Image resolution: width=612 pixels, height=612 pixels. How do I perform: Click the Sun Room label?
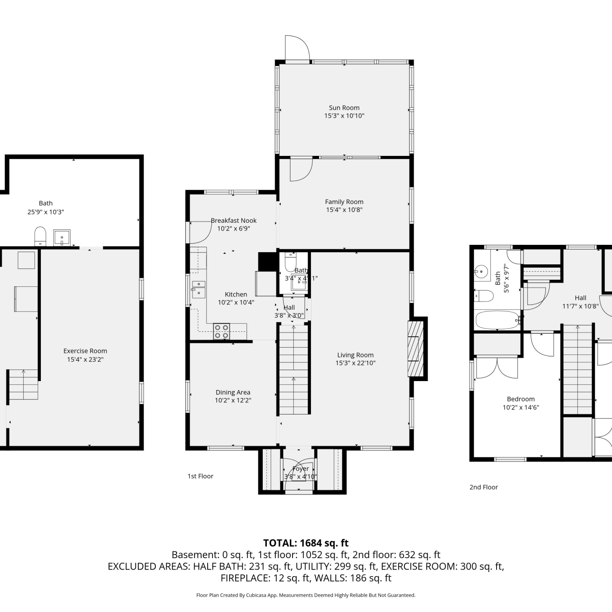click(x=344, y=108)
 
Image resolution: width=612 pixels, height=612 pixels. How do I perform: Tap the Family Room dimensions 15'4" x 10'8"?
click(x=344, y=210)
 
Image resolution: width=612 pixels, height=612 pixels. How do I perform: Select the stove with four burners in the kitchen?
click(x=222, y=331)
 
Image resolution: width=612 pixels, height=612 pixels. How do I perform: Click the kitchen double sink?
click(x=199, y=289)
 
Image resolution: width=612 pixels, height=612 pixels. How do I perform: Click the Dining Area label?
click(x=233, y=392)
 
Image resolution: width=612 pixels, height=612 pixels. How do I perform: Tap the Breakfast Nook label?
click(x=234, y=220)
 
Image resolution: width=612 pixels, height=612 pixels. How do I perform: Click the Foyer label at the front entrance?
click(x=301, y=469)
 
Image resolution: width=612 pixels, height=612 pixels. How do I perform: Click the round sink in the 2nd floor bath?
click(x=481, y=271)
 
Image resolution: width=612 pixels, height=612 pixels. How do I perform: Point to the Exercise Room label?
click(x=85, y=351)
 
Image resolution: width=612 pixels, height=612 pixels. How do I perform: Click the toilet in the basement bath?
click(x=40, y=236)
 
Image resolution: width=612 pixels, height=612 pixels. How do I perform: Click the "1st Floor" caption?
click(x=200, y=476)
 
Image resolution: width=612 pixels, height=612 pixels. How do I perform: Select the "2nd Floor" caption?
click(x=483, y=487)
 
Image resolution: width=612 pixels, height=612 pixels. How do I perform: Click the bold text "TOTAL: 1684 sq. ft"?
click(x=306, y=543)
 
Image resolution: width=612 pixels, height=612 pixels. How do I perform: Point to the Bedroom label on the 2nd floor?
click(x=521, y=399)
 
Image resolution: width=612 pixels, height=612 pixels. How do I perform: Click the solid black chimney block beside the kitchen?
click(x=268, y=262)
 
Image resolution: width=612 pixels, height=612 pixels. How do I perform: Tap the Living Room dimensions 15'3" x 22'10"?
click(x=355, y=363)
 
